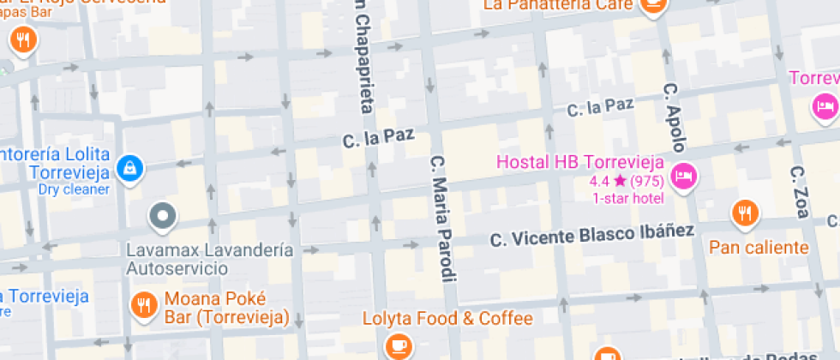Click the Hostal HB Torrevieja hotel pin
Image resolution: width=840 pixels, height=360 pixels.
pos(684,176)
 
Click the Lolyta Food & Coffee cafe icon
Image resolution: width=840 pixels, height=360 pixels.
pos(397,344)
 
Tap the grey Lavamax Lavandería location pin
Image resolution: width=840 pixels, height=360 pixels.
pos(161,217)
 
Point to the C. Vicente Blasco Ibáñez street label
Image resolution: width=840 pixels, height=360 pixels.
pos(592,233)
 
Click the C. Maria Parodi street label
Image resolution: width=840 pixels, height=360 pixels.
pos(441,218)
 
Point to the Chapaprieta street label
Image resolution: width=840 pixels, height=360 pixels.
pos(363,56)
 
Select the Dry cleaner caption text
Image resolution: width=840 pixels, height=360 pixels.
pos(74,189)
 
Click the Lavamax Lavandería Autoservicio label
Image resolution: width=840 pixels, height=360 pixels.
pos(209,259)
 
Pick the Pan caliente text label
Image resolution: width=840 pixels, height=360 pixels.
pos(759,248)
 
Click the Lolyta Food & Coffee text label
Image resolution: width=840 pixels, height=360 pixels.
pos(447,319)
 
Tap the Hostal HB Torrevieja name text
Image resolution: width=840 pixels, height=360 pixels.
pos(579,161)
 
